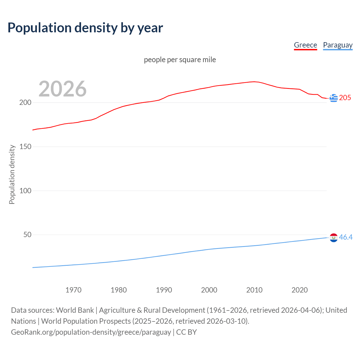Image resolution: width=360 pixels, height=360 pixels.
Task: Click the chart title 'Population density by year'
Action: [85, 28]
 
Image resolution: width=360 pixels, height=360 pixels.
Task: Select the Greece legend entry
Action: [305, 45]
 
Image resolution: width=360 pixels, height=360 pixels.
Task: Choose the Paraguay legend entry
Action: [337, 45]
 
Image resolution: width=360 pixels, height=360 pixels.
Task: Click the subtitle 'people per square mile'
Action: [180, 60]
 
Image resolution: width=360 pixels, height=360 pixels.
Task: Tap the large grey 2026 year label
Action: [62, 89]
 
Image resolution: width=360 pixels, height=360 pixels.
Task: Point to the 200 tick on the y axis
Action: [25, 102]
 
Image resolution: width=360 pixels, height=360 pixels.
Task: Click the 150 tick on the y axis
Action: [25, 147]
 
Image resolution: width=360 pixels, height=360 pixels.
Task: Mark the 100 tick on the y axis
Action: [25, 191]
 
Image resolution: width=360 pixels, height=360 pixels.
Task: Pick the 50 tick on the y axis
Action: [27, 235]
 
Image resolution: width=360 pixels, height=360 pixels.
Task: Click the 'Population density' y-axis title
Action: [12, 174]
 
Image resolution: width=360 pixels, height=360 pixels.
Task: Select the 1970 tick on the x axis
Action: [73, 290]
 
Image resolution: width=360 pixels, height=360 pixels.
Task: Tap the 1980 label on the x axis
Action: [119, 290]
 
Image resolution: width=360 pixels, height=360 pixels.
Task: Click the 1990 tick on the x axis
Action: [164, 290]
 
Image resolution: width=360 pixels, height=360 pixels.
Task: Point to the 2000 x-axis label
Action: [209, 290]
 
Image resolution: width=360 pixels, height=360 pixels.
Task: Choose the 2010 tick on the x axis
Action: [254, 290]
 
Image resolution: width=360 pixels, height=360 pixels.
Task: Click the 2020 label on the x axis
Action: [300, 290]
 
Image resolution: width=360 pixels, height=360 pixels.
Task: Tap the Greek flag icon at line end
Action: [334, 98]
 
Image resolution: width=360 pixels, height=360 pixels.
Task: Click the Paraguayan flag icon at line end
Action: [334, 238]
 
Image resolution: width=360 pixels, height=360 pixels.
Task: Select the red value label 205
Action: [345, 98]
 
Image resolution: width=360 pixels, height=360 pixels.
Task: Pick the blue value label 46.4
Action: [346, 237]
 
